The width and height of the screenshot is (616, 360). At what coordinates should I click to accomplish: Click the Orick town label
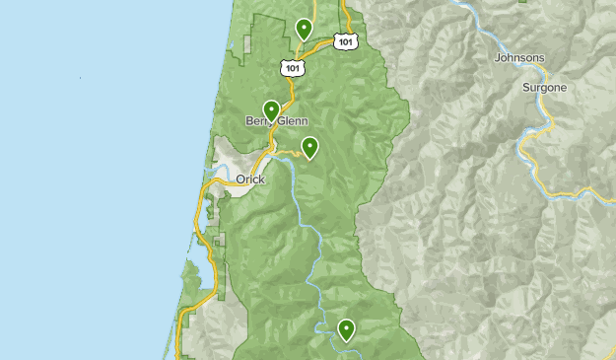[250, 180]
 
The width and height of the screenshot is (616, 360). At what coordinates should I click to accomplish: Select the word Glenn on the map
[294, 121]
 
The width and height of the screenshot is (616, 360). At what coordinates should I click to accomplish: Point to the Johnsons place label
[518, 58]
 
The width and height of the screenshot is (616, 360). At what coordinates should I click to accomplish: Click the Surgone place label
[545, 87]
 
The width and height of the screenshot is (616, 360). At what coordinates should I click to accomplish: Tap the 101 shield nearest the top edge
[344, 41]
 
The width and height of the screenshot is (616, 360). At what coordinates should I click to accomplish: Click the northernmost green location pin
[305, 29]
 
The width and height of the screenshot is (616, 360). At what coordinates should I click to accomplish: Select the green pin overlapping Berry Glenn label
[271, 109]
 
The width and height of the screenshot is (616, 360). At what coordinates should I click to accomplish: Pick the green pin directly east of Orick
[310, 147]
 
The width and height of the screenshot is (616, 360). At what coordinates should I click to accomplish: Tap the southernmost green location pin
[346, 329]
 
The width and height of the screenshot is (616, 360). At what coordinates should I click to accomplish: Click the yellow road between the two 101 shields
[317, 48]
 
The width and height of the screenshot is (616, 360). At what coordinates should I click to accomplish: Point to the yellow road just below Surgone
[529, 133]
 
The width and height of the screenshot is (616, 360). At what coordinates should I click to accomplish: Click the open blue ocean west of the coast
[89, 178]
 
